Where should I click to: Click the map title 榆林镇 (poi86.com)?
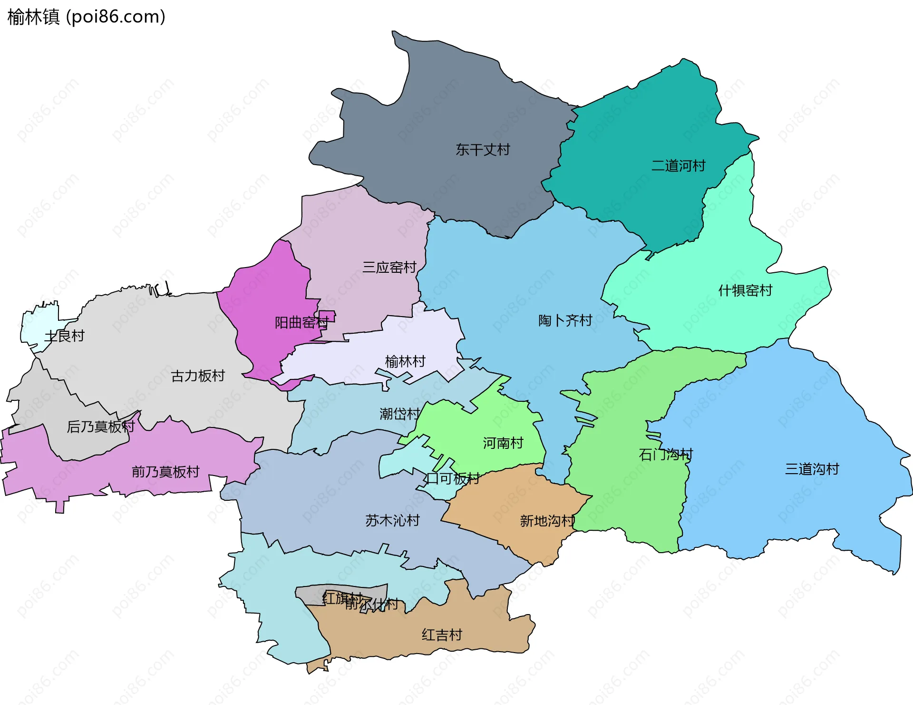tap(87, 17)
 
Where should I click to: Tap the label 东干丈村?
tap(483, 150)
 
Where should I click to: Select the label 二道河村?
tap(678, 166)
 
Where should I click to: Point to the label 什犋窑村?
tap(745, 290)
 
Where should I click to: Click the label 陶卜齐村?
tap(565, 320)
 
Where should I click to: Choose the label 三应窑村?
tap(389, 267)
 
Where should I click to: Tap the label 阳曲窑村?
tap(301, 323)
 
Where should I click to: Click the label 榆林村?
tap(405, 362)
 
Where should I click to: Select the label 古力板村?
tap(198, 376)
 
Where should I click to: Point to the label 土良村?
tap(64, 336)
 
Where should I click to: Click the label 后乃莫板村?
tap(101, 427)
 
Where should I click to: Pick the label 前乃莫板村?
tap(165, 472)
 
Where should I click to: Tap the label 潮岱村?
tap(399, 414)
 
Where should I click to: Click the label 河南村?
tap(503, 443)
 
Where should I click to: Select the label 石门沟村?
tap(666, 455)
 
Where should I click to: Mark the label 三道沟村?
tap(812, 469)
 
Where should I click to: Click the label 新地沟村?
tap(547, 521)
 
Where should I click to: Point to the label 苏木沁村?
tap(392, 520)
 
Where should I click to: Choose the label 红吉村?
tap(442, 635)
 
